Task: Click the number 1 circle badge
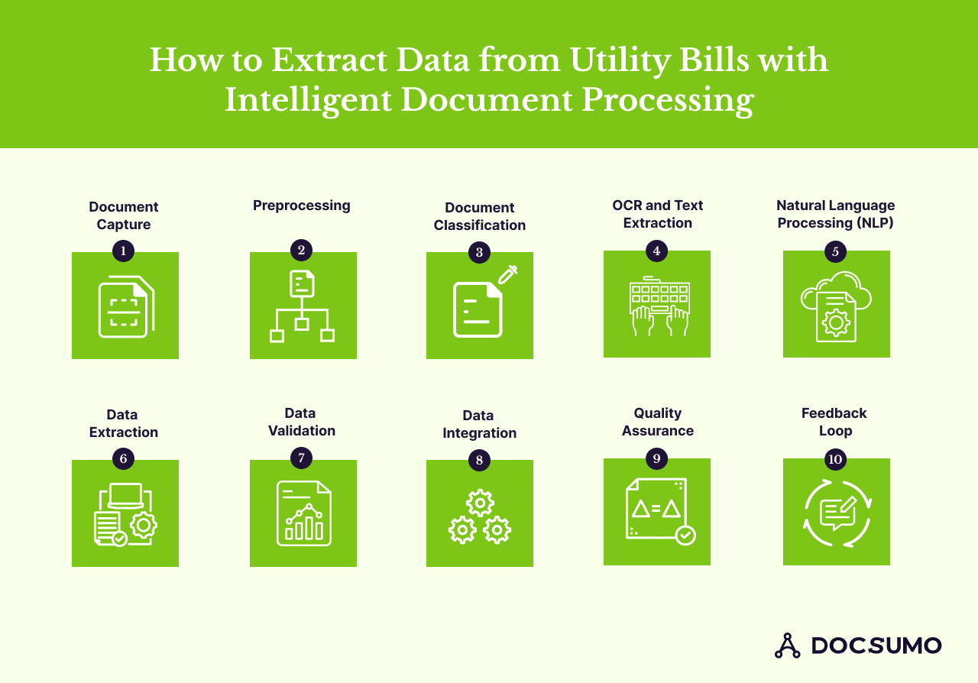[123, 251]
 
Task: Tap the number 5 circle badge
[835, 251]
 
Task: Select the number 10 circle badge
[835, 459]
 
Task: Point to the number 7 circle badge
[301, 458]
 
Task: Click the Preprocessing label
[301, 206]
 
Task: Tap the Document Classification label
[479, 216]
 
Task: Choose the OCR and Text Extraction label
[657, 214]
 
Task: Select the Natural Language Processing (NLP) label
[835, 214]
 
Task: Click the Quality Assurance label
[657, 422]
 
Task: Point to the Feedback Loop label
[834, 422]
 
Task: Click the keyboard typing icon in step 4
[659, 307]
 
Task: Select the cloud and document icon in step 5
[836, 306]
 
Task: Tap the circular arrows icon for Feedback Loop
[837, 513]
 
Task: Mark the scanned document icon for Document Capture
[126, 306]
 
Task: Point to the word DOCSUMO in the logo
[876, 646]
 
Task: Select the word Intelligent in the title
[309, 100]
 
